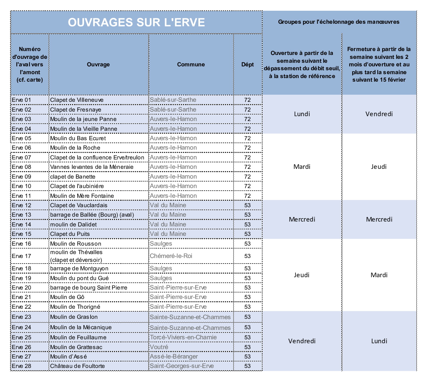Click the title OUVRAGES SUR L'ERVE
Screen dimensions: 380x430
(136, 22)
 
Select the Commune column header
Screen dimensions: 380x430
(191, 64)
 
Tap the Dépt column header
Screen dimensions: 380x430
(248, 64)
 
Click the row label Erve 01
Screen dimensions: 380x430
(21, 100)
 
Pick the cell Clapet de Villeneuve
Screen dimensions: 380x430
(77, 100)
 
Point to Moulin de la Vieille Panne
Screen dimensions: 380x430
(83, 129)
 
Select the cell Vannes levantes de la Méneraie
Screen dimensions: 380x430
(92, 167)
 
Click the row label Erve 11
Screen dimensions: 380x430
(21, 196)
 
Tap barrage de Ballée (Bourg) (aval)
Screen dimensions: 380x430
(92, 215)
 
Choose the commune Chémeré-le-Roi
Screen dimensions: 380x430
(171, 256)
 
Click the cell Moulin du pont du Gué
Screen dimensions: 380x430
(79, 278)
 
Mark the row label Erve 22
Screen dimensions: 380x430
(21, 307)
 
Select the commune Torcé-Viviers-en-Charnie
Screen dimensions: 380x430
(183, 337)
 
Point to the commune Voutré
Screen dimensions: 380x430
(159, 347)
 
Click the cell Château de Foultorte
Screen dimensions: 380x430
(78, 366)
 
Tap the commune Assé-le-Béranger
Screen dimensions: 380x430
(174, 357)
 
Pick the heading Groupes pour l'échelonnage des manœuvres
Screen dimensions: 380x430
(339, 22)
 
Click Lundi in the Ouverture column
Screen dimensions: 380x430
(302, 114)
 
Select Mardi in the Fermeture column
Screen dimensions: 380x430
(379, 275)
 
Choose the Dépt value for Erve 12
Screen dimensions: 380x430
(248, 205)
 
